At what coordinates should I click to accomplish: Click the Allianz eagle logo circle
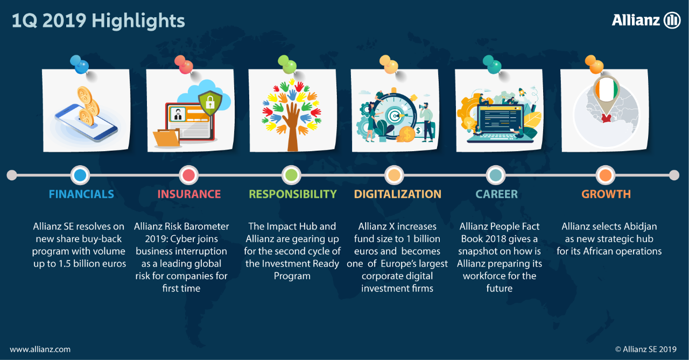pyautogui.click(x=672, y=20)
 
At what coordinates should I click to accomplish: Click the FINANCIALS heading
pyautogui.click(x=81, y=194)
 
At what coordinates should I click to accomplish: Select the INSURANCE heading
pyautogui.click(x=189, y=194)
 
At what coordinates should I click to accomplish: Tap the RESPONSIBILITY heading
pyautogui.click(x=292, y=194)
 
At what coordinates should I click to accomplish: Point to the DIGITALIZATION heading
pyautogui.click(x=397, y=194)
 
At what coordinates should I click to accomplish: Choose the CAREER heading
pyautogui.click(x=497, y=194)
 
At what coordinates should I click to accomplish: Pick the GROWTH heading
pyautogui.click(x=606, y=194)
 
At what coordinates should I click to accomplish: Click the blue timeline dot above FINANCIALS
pyautogui.click(x=80, y=175)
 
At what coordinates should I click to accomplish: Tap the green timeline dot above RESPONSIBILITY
pyautogui.click(x=291, y=175)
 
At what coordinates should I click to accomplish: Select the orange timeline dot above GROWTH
pyautogui.click(x=606, y=175)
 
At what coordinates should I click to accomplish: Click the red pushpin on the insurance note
pyautogui.click(x=184, y=65)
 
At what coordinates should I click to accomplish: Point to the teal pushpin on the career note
pyautogui.click(x=492, y=65)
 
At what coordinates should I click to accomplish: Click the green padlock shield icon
pyautogui.click(x=210, y=103)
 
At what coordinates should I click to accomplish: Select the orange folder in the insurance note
pyautogui.click(x=167, y=138)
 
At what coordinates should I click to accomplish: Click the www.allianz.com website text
pyautogui.click(x=40, y=350)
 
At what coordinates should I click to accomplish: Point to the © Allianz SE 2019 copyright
pyautogui.click(x=645, y=349)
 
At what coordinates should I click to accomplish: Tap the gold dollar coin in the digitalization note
pyautogui.click(x=406, y=135)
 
